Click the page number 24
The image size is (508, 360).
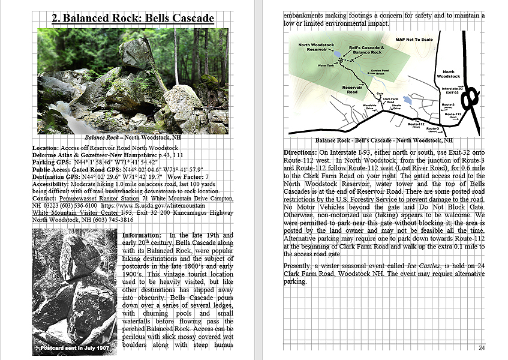click(482, 348)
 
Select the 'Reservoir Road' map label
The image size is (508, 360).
click(353, 90)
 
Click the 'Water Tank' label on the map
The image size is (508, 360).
click(326, 65)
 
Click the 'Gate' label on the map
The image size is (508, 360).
click(380, 94)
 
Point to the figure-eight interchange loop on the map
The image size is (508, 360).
click(471, 97)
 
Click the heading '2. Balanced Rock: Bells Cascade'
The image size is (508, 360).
click(133, 18)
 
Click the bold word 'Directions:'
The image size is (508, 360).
click(301, 152)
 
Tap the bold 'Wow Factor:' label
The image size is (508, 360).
click(185, 177)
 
